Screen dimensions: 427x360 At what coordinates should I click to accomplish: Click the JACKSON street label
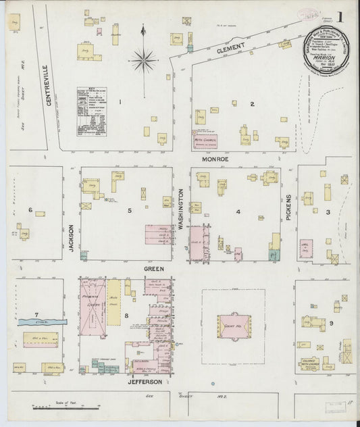71,238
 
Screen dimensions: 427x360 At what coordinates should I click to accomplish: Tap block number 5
128,211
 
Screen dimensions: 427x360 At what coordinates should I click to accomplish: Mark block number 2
251,103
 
